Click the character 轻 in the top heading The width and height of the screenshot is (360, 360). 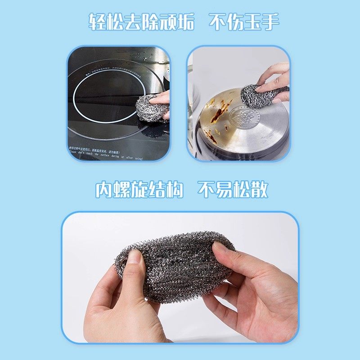coord(99,21)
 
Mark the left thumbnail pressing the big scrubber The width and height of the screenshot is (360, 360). coord(134,256)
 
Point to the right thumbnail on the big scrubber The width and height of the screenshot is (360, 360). coord(220,247)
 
